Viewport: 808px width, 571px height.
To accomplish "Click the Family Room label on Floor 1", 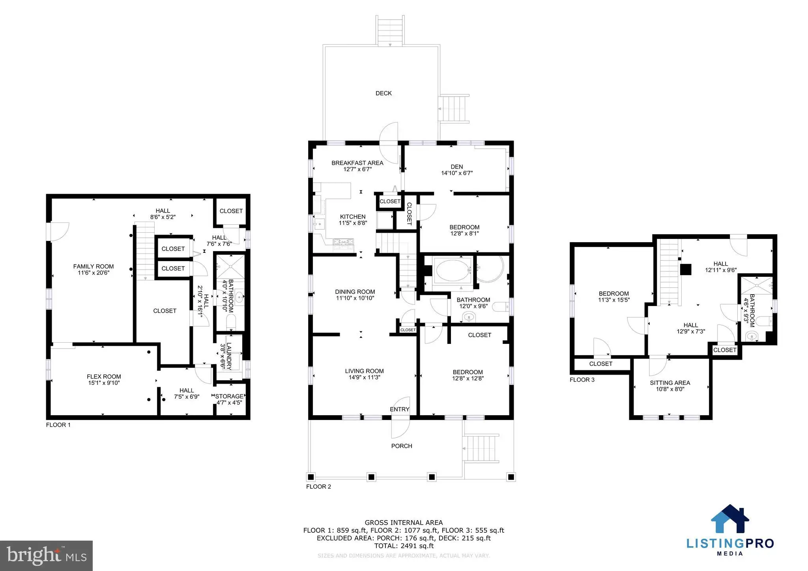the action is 94,267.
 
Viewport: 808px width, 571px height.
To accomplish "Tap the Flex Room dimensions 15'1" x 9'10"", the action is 104,383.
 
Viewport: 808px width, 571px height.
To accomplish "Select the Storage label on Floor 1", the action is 229,396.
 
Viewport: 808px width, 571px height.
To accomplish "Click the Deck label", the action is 383,93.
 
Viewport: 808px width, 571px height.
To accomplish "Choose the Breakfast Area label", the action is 357,163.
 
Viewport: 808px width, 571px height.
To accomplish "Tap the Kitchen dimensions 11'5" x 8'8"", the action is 353,223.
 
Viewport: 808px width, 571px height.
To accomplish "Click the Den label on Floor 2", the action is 457,167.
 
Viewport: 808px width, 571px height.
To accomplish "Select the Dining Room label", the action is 355,292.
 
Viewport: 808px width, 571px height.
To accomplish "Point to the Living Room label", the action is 364,371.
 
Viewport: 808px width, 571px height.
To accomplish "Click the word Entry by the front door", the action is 400,409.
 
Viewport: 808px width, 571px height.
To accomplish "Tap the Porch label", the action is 402,446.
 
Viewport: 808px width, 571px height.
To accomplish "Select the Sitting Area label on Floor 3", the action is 670,383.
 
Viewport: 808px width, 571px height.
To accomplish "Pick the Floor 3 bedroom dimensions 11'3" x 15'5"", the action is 614,300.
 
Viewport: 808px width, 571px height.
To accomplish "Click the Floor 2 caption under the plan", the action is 318,487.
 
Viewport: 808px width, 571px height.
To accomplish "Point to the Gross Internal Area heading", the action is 404,523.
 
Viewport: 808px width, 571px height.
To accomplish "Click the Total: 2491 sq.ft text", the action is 404,546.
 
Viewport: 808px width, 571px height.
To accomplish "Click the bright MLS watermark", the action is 47,556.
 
